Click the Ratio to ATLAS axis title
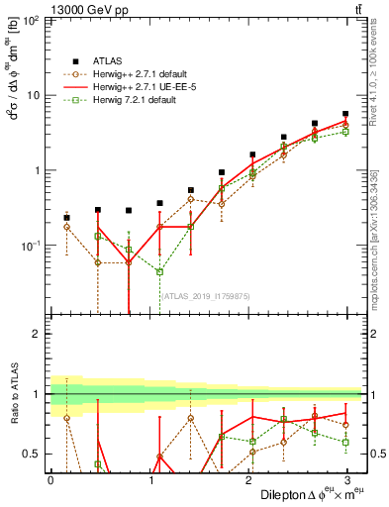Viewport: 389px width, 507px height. coord(13,396)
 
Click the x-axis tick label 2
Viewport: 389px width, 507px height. coord(249,480)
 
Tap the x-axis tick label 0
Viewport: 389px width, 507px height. coord(50,480)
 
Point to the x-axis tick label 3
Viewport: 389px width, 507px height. coord(348,480)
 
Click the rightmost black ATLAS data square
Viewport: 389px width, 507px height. coord(345,115)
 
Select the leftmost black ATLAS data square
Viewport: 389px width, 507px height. coord(66,218)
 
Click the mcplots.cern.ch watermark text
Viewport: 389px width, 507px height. coord(379,238)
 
